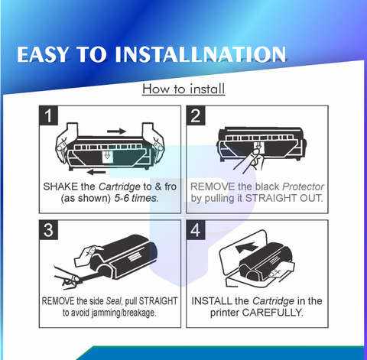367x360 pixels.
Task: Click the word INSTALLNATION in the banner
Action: pos(200,54)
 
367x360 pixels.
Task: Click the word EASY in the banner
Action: pos(43,54)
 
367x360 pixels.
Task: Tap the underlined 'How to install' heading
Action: pos(183,89)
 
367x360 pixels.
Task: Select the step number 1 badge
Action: pos(48,115)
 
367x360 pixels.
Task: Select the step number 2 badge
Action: pos(196,115)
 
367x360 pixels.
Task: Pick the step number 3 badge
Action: pos(48,230)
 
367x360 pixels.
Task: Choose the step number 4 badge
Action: pos(196,230)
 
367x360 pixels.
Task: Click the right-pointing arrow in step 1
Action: pos(116,131)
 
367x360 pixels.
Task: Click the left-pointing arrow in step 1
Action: pos(96,172)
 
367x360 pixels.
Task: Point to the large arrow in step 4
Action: pos(246,248)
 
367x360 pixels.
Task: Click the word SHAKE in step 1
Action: pos(60,186)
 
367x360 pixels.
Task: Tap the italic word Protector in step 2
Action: pos(304,186)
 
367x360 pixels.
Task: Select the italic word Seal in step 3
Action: pos(114,301)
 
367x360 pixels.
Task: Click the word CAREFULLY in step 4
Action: pos(273,313)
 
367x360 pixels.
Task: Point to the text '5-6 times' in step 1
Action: pos(136,198)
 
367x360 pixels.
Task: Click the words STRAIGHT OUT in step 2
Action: pos(284,198)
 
